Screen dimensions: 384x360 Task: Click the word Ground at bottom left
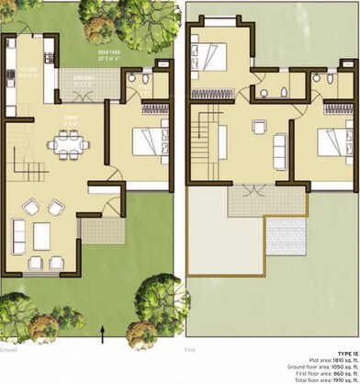click(8, 350)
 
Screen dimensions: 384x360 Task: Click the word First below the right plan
click(190, 350)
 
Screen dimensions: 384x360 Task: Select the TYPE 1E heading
click(346, 352)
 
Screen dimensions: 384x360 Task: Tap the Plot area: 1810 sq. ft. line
click(333, 360)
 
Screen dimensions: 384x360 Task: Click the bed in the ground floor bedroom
click(146, 142)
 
